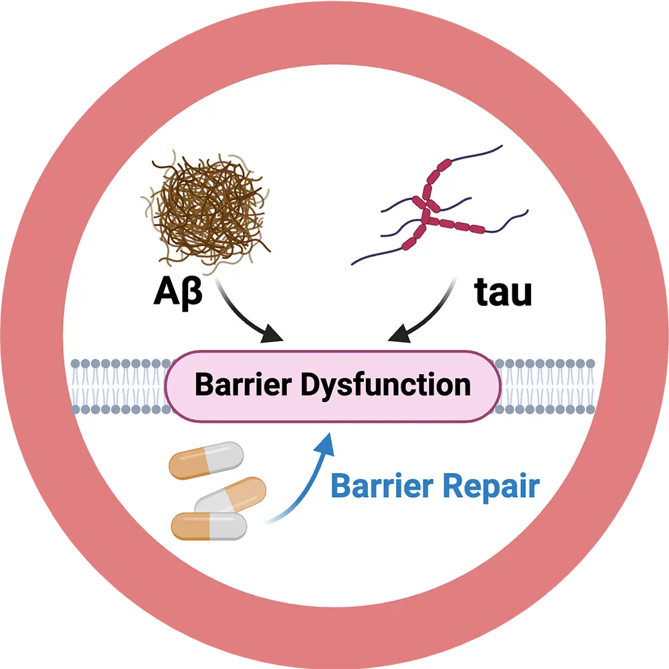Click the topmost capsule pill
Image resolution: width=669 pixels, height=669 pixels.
(206, 460)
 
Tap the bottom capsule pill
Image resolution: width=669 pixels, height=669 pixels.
(209, 526)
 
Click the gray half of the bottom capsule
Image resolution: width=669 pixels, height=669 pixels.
(227, 526)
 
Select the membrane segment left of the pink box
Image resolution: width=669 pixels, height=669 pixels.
(118, 386)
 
